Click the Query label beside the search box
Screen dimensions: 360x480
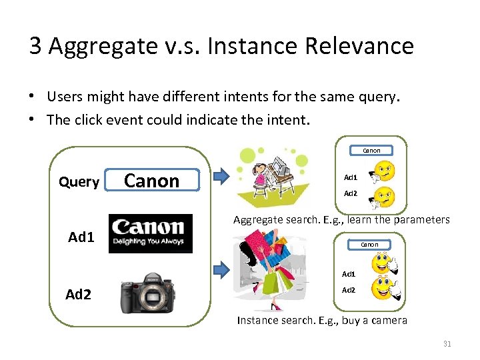pyautogui.click(x=79, y=182)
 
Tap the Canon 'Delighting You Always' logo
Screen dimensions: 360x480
pyautogui.click(x=150, y=233)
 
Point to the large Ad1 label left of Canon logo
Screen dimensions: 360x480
pyautogui.click(x=81, y=237)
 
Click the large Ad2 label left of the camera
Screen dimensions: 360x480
pyautogui.click(x=78, y=294)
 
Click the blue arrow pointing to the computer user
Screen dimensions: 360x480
pyautogui.click(x=220, y=177)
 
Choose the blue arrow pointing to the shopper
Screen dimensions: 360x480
pyautogui.click(x=221, y=269)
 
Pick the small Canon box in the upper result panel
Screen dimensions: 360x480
pyautogui.click(x=371, y=151)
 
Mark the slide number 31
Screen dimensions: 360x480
pyautogui.click(x=447, y=344)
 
